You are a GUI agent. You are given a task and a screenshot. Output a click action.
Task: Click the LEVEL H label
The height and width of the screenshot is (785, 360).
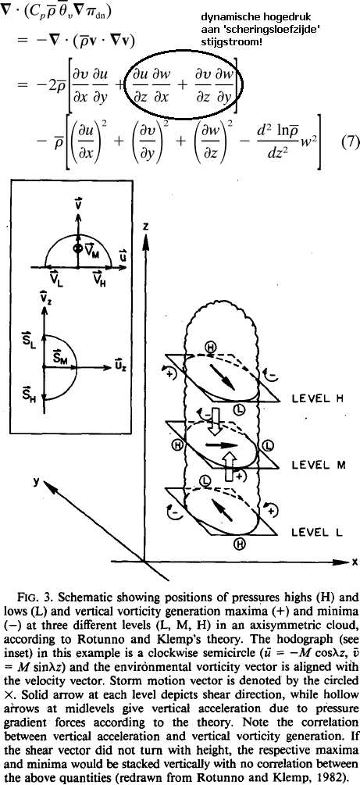click(316, 399)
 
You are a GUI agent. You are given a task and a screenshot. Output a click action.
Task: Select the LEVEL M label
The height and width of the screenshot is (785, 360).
click(317, 465)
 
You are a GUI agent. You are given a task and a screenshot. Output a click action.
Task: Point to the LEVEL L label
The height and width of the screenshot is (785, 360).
click(316, 532)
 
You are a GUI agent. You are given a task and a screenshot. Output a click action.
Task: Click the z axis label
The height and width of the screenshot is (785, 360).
click(146, 226)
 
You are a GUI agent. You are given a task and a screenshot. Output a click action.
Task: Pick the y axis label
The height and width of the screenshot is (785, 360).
click(36, 480)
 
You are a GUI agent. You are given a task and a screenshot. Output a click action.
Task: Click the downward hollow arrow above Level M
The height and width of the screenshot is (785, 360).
click(216, 415)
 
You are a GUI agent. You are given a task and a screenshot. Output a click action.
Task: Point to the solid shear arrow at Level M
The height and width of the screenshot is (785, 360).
click(223, 444)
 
